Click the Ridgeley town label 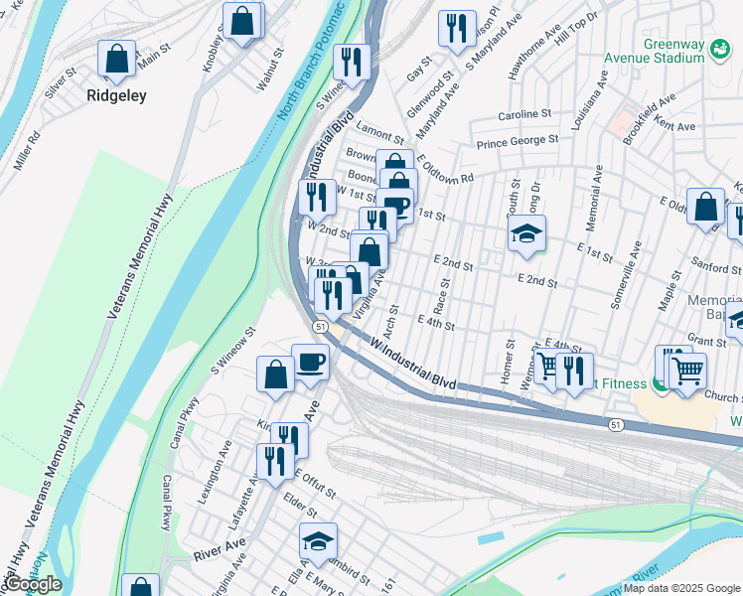pos(116,96)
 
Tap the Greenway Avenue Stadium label pos(673,51)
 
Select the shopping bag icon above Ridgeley pos(117,59)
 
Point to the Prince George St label pos(517,141)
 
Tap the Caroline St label pos(524,114)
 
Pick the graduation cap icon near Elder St pos(318,540)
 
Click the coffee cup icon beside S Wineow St pos(310,363)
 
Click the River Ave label pos(220,551)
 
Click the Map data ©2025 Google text pos(681,588)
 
